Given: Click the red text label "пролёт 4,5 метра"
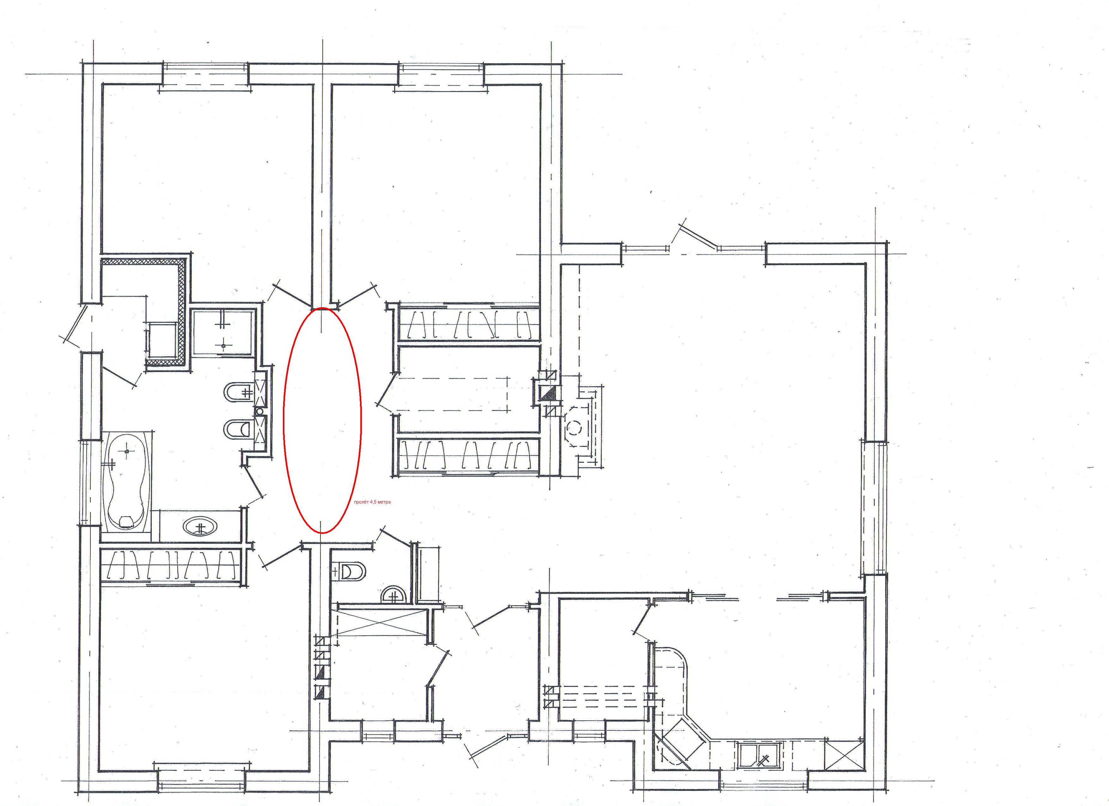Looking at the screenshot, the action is click(x=372, y=502).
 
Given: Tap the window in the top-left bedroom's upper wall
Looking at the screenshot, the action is click(x=205, y=74).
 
